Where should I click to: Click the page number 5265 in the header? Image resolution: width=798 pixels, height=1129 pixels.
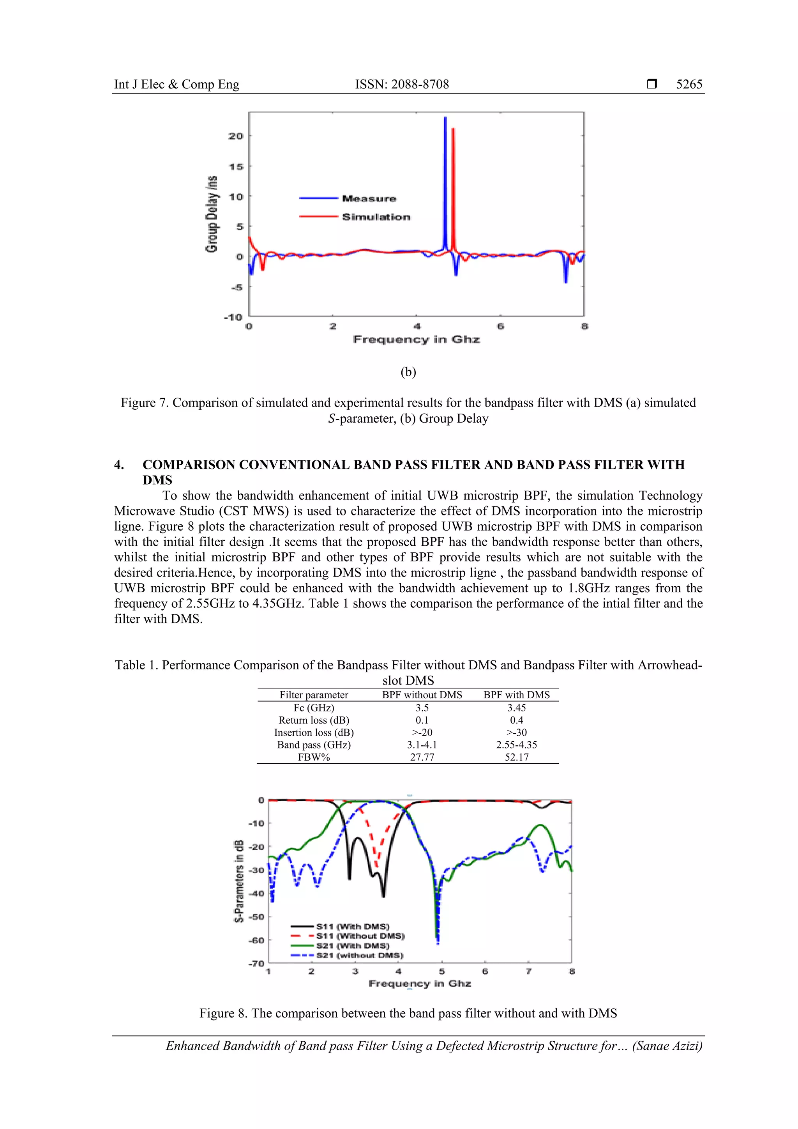pyautogui.click(x=689, y=84)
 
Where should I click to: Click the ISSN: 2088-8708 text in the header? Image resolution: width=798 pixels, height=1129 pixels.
pyautogui.click(x=402, y=84)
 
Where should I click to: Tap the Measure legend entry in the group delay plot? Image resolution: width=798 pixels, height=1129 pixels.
pyautogui.click(x=369, y=199)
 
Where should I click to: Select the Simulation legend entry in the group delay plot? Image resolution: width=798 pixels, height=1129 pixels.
pyautogui.click(x=376, y=217)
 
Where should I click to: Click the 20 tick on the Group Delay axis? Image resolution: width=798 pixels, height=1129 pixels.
pyautogui.click(x=236, y=136)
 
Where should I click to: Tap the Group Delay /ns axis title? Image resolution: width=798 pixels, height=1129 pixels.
pyautogui.click(x=212, y=214)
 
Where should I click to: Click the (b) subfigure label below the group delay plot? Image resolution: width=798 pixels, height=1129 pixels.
pyautogui.click(x=408, y=372)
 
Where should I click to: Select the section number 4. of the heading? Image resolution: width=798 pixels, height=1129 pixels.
pyautogui.click(x=119, y=465)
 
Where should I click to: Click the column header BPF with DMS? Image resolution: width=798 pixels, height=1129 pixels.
pyautogui.click(x=516, y=695)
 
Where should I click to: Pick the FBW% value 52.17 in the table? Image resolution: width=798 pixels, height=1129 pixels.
pyautogui.click(x=516, y=757)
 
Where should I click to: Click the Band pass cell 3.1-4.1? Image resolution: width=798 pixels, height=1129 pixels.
pyautogui.click(x=422, y=745)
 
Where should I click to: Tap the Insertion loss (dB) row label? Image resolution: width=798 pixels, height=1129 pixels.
pyautogui.click(x=314, y=732)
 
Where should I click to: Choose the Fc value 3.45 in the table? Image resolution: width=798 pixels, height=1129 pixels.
pyautogui.click(x=516, y=708)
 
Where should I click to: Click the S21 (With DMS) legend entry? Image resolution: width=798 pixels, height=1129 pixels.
pyautogui.click(x=352, y=946)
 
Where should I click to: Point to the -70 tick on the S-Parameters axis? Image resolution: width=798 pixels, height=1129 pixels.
pyautogui.click(x=256, y=963)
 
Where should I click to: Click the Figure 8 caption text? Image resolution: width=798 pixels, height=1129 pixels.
pyautogui.click(x=408, y=1014)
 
